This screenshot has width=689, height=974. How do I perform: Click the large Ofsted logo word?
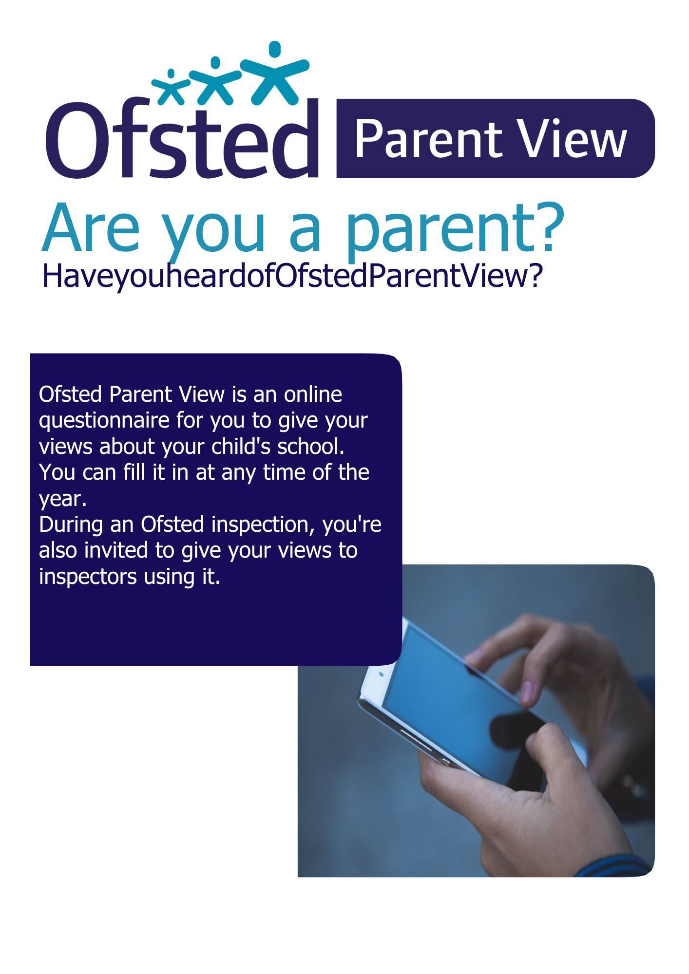(x=183, y=139)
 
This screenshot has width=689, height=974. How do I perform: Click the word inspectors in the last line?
(x=88, y=577)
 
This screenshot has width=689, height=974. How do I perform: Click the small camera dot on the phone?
(x=381, y=674)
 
